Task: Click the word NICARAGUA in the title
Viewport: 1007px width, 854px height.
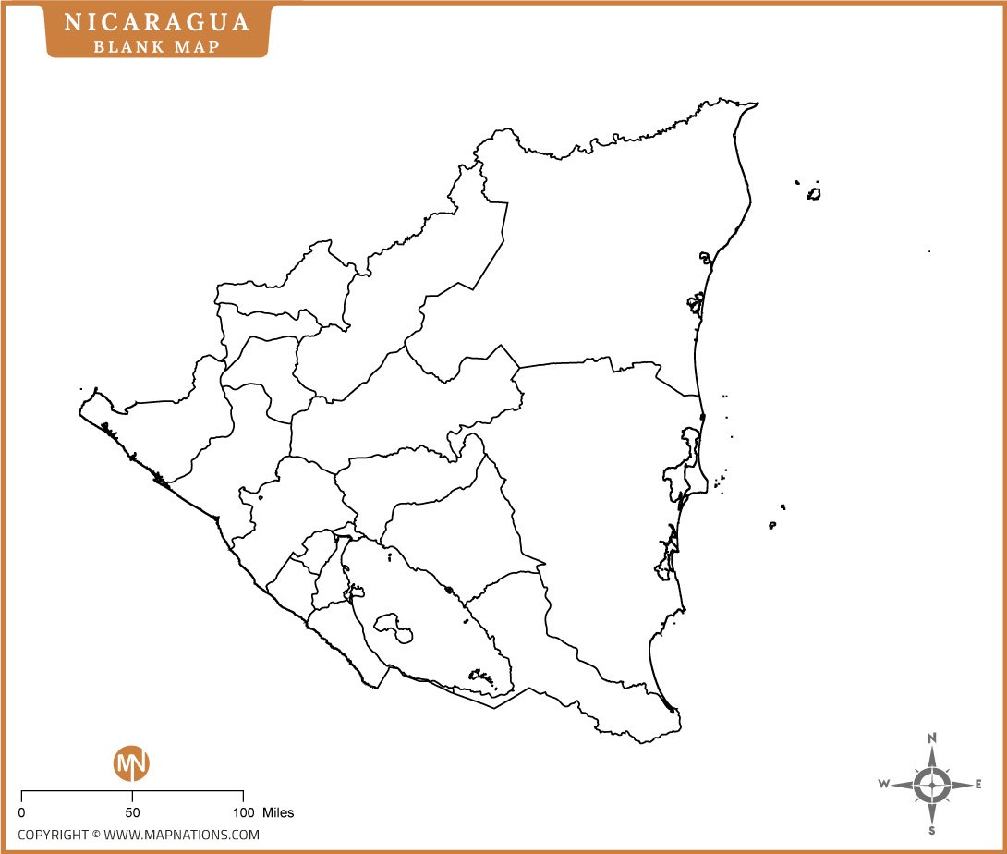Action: click(157, 22)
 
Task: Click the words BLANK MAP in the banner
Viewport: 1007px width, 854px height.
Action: click(157, 45)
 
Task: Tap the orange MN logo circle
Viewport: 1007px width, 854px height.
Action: click(131, 763)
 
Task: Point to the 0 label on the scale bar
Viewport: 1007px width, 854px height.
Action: click(21, 812)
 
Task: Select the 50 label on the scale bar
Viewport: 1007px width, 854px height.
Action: click(132, 812)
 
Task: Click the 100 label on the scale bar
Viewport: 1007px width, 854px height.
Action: click(242, 812)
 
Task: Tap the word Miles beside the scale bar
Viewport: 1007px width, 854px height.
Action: click(278, 812)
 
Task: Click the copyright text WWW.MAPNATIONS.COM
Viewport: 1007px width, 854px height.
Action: click(181, 835)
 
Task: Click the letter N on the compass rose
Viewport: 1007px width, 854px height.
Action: click(932, 738)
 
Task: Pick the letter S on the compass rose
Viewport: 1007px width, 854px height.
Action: click(932, 830)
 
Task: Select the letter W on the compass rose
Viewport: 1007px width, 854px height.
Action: click(884, 785)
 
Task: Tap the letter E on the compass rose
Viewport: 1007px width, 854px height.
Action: click(978, 785)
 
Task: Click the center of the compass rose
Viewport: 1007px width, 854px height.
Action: click(932, 785)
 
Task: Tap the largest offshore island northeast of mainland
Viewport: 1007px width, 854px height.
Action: click(814, 193)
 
